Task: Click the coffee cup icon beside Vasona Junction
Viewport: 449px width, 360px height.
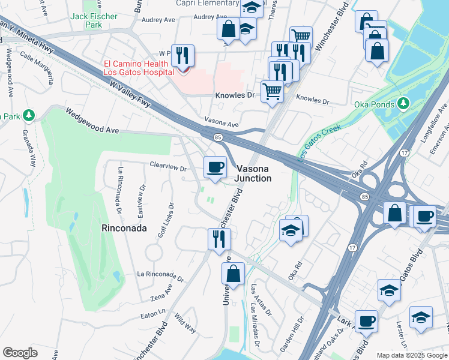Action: (x=215, y=167)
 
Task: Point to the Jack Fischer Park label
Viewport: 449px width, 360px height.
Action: (x=94, y=21)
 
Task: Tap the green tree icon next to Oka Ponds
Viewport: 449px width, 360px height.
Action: (x=404, y=104)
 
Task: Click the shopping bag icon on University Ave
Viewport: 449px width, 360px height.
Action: (x=233, y=274)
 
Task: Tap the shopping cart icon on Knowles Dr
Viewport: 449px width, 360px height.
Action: (x=272, y=92)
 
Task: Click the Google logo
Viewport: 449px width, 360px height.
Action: (x=20, y=353)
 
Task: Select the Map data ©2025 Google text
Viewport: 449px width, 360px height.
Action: (x=411, y=355)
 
